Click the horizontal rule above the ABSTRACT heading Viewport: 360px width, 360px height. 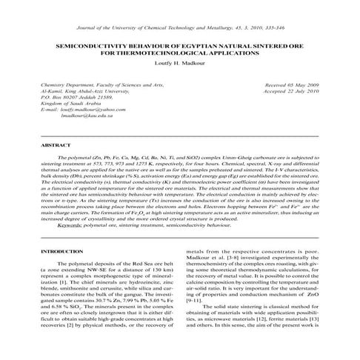pos(180,136)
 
